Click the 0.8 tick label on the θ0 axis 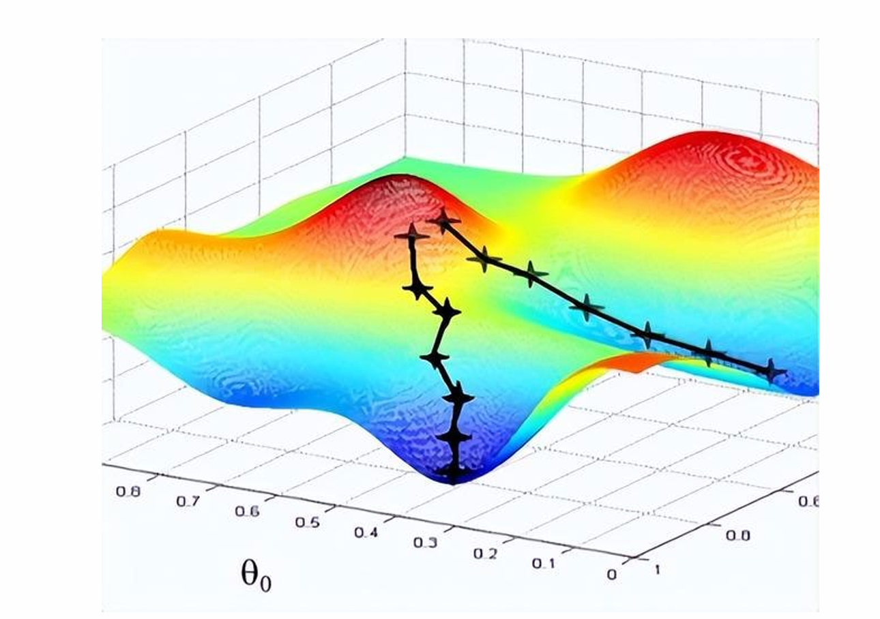(128, 490)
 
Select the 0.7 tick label (187, 500)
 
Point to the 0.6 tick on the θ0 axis (246, 512)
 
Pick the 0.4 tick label (365, 532)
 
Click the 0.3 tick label (425, 543)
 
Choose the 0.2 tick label (484, 554)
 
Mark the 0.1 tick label (544, 564)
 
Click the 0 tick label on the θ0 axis (611, 574)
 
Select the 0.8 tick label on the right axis (737, 535)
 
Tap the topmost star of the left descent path (411, 236)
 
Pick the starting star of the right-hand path (444, 220)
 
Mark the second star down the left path (417, 289)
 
